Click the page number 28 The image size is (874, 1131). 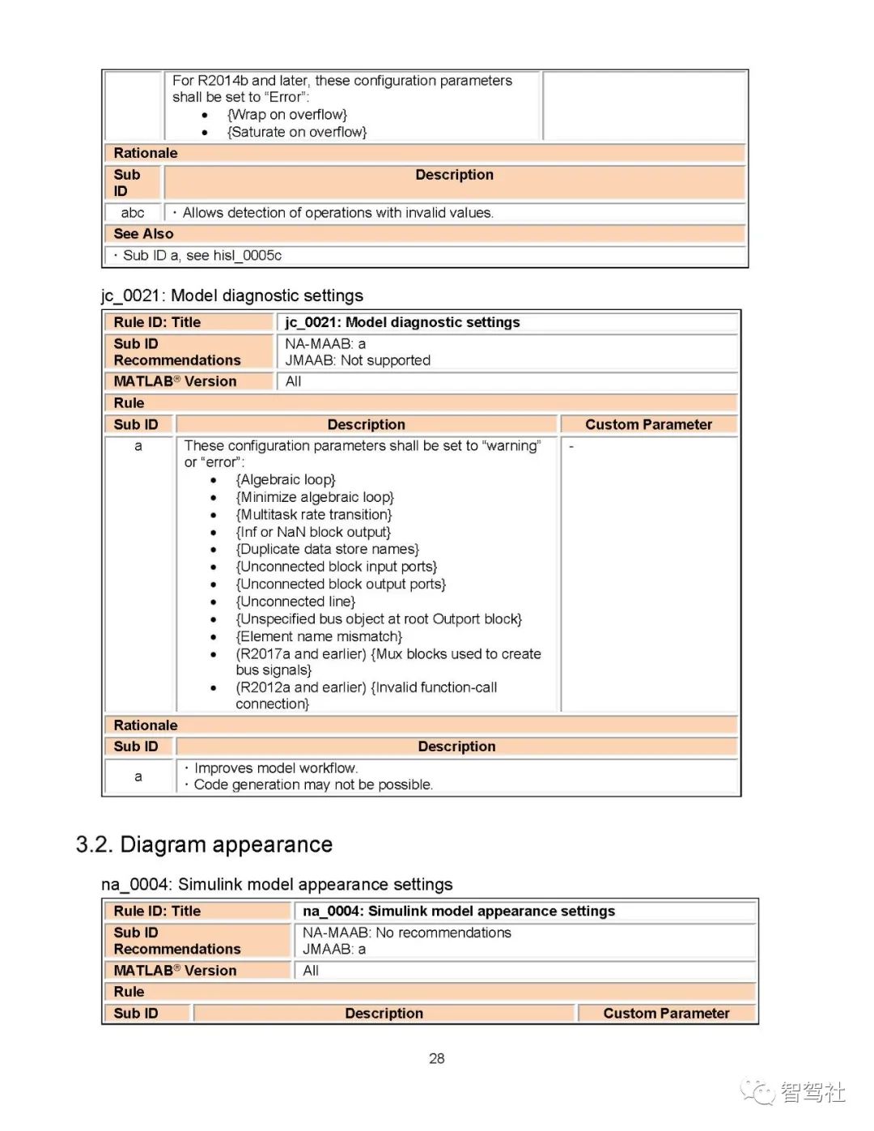437,1059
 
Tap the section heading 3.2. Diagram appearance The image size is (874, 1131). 204,845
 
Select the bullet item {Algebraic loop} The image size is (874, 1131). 286,480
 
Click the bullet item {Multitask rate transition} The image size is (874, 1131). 314,515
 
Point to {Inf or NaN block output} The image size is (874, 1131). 313,532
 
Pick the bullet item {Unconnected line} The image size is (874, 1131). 295,602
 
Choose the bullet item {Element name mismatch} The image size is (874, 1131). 319,636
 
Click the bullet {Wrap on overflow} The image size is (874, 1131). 287,115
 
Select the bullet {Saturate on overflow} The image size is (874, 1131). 297,132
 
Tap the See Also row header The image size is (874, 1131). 143,234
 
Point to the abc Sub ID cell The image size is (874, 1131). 133,213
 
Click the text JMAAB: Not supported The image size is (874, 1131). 358,360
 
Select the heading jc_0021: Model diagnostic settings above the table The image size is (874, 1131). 232,296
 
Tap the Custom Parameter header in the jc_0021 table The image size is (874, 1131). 648,424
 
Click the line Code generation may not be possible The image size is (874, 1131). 313,784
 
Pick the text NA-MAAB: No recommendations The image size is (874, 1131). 407,933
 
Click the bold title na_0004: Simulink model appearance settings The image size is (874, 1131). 459,912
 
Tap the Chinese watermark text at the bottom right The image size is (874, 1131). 812,1093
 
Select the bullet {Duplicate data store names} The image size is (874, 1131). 327,550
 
